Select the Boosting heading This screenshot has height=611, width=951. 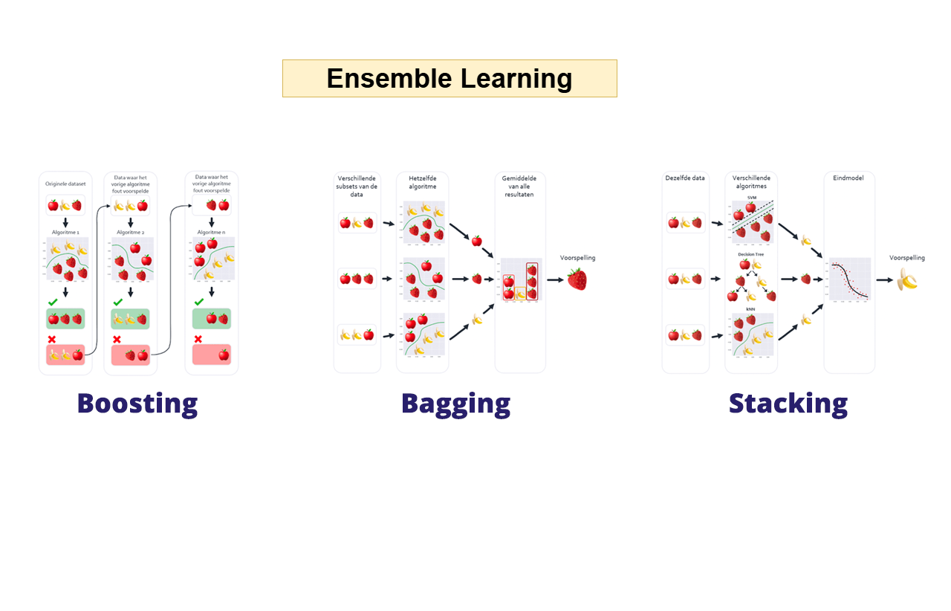tap(137, 403)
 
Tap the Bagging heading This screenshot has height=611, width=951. tap(455, 403)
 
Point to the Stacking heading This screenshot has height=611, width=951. tap(788, 403)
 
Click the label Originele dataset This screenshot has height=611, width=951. tap(65, 184)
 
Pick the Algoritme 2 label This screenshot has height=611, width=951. tap(131, 233)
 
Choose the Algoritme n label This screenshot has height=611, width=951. tap(211, 233)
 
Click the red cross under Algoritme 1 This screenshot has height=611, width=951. tap(52, 340)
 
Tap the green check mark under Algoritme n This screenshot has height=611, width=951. tap(198, 302)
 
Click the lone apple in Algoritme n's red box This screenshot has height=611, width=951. tap(224, 355)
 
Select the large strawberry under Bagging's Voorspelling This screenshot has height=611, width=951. tap(577, 279)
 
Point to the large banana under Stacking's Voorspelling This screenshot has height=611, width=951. tap(906, 279)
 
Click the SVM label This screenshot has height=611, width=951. tap(751, 198)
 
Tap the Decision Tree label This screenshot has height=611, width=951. tap(750, 254)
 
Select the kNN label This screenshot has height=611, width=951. tap(751, 309)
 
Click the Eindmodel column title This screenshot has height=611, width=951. tap(848, 178)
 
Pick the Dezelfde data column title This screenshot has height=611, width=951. tap(685, 178)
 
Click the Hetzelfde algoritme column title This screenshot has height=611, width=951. tap(422, 182)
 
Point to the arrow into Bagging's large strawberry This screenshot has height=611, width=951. tap(555, 280)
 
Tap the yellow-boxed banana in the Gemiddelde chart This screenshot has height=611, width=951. tap(521, 294)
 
